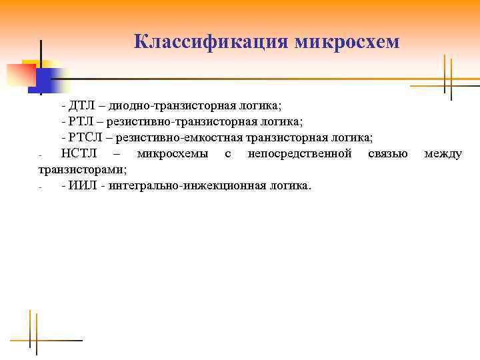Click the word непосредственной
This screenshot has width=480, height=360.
point(299,154)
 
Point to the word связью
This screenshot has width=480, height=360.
point(387,154)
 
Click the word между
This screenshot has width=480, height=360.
point(443,154)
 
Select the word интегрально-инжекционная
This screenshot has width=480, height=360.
point(186,185)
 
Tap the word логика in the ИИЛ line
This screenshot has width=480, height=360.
point(290,185)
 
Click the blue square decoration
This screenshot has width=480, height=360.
point(40,81)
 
